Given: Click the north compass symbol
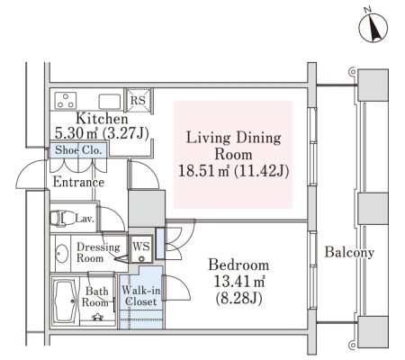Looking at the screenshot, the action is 373,27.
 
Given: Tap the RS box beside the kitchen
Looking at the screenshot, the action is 138,100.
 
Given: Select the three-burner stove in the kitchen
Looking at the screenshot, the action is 66,100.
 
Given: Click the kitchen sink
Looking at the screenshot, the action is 110,102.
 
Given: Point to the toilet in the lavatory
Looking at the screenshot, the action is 63,218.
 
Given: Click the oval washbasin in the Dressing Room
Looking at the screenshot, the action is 62,254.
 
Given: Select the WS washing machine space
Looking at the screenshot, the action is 141,249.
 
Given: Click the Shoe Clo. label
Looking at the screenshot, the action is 78,149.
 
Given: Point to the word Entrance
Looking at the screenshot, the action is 78,182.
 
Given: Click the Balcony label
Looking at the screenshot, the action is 349,252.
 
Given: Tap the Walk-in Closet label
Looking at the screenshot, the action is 140,296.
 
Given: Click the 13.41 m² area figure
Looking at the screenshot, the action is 238,282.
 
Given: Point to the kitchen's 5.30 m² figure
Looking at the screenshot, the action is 76,133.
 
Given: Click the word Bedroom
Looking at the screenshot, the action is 238,265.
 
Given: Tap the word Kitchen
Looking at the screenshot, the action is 102,118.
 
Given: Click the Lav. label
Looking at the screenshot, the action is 85,219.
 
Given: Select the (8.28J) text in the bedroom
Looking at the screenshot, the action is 238,298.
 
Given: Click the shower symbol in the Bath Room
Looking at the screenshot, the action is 97,317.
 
